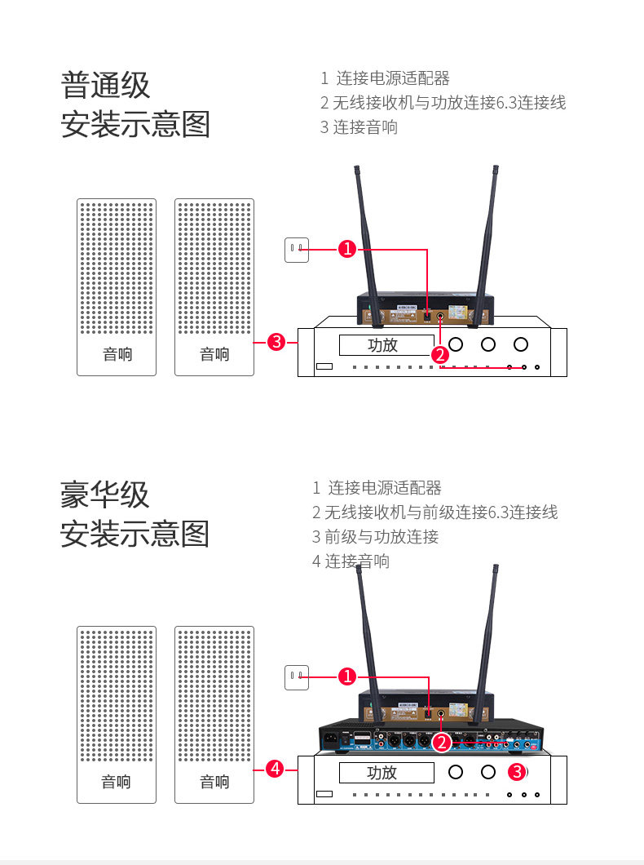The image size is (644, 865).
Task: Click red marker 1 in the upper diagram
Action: (x=347, y=250)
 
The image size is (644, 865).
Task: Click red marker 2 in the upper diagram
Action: (x=440, y=354)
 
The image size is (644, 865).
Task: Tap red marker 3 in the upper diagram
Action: (x=276, y=342)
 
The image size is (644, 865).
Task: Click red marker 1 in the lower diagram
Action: (x=347, y=676)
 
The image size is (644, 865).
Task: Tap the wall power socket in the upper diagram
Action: (x=297, y=249)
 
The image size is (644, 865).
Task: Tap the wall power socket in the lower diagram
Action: (x=297, y=676)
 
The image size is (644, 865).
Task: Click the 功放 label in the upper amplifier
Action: (x=382, y=345)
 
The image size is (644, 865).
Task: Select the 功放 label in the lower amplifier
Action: (x=382, y=772)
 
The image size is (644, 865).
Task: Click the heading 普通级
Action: (x=106, y=85)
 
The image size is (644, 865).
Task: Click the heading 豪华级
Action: (x=105, y=495)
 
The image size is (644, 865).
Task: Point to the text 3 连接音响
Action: (x=359, y=127)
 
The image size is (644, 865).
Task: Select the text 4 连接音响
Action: (x=351, y=561)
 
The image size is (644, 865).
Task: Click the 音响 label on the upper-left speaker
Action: (x=117, y=354)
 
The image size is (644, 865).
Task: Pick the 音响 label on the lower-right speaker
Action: (x=214, y=782)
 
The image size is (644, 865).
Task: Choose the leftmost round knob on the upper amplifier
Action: (x=456, y=344)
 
